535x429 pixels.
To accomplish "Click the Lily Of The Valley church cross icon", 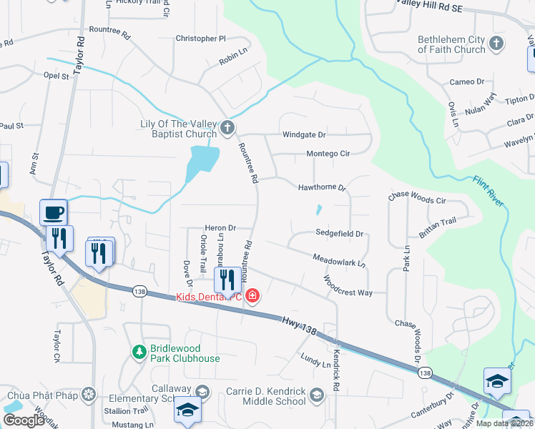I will coord(227,128).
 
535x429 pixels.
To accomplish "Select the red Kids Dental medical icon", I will coord(251,295).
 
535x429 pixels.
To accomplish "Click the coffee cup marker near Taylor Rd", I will coord(54,212).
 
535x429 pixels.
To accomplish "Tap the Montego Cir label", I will coord(328,154).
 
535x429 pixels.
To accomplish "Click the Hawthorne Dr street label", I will coord(322,187).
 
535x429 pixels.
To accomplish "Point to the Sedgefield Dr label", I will coord(340,233).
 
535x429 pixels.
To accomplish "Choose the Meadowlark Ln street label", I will coord(339,260).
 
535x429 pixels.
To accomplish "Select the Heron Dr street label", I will coord(220,227).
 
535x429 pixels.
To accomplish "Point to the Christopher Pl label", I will coord(200,39).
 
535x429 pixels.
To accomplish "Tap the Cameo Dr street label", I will coord(467,82).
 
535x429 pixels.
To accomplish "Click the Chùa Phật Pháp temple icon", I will coord(89,394).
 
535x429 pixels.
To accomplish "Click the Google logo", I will coord(24,420).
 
